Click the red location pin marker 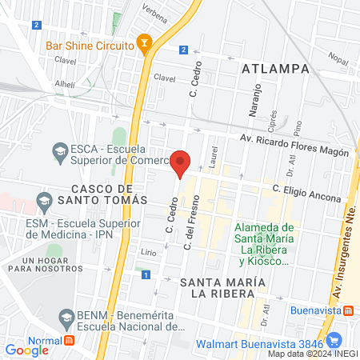(181, 162)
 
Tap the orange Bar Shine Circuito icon (144, 45)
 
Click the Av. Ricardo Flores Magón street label (295, 146)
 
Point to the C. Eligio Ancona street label (306, 194)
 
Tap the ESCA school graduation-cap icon (59, 150)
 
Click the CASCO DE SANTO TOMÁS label (103, 192)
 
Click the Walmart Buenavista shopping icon (335, 339)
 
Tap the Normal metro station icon (70, 340)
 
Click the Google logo (26, 350)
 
